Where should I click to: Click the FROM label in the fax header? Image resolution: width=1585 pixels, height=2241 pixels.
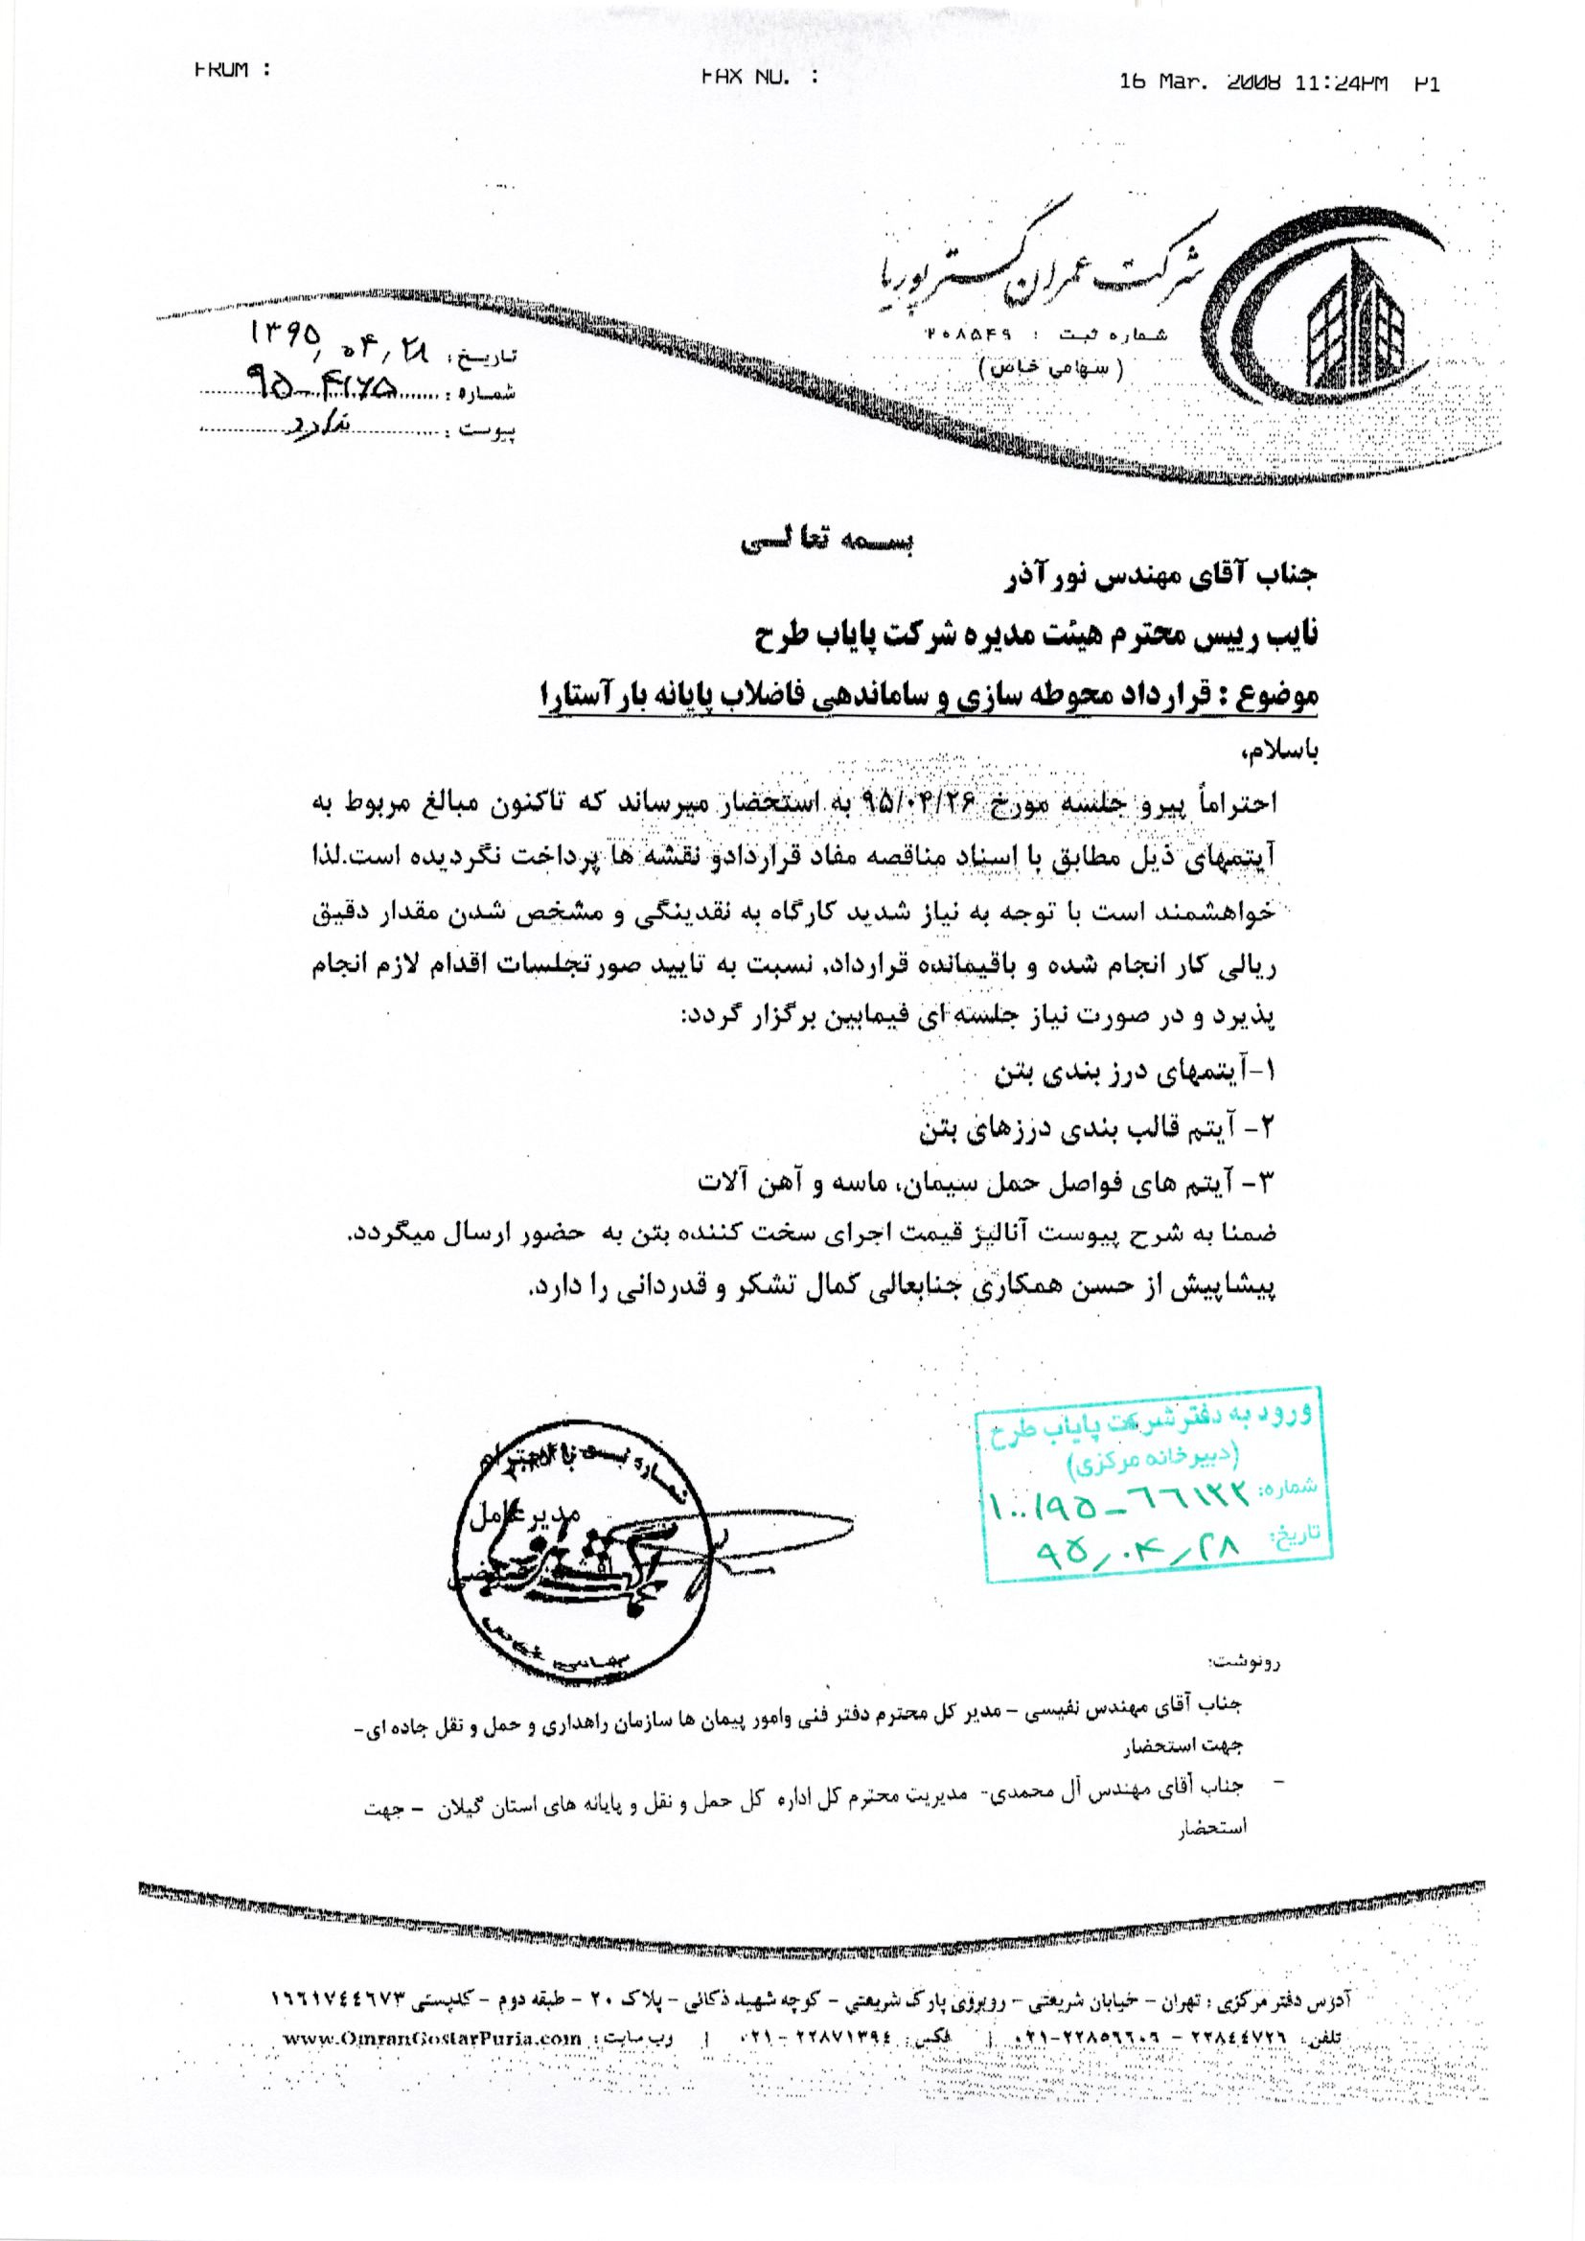point(230,69)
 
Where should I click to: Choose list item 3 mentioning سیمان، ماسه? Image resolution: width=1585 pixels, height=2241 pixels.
point(987,1184)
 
